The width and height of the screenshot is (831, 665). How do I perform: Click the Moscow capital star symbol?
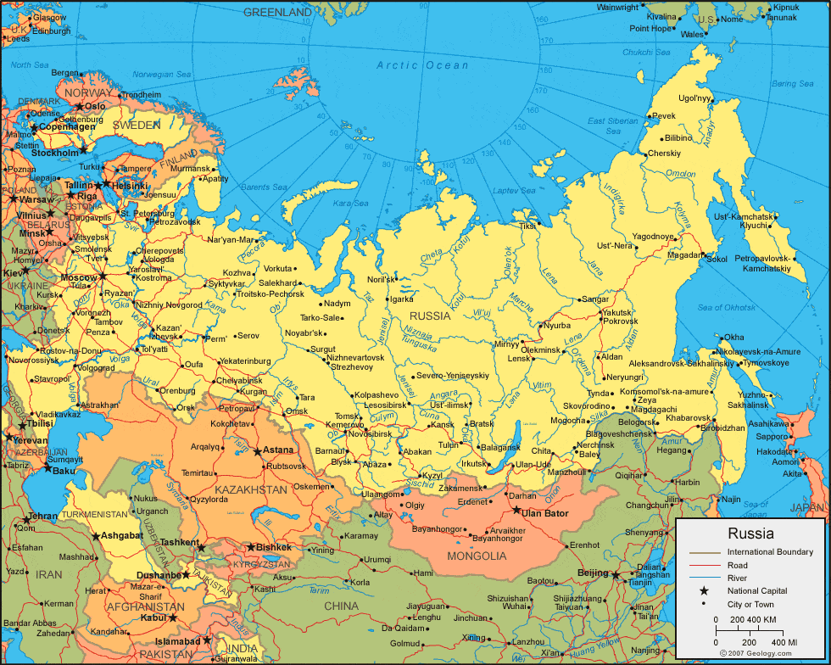pyautogui.click(x=103, y=276)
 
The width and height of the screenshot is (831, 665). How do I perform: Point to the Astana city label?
pyautogui.click(x=279, y=450)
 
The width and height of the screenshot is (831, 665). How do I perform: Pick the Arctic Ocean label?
pyautogui.click(x=422, y=65)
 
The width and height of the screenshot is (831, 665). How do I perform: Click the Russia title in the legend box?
pyautogui.click(x=750, y=534)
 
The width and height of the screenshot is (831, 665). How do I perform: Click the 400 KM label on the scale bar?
pyautogui.click(x=783, y=643)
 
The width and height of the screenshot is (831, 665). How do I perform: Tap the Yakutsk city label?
pyautogui.click(x=618, y=313)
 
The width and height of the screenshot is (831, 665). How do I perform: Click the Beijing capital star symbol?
pyautogui.click(x=616, y=574)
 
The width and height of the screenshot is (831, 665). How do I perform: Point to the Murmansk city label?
pyautogui.click(x=189, y=169)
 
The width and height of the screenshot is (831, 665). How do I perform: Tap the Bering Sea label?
pyautogui.click(x=792, y=83)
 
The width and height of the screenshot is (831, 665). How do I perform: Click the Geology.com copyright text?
pyautogui.click(x=756, y=654)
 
